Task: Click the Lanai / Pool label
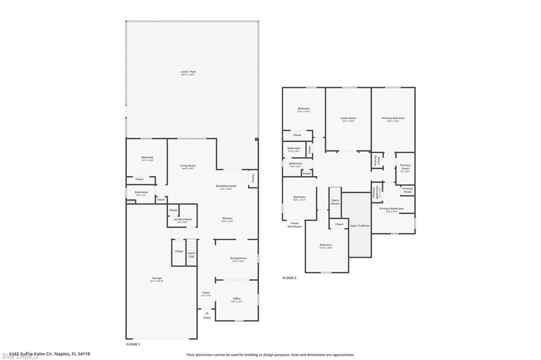pos(188,72)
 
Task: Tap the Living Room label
pos(188,166)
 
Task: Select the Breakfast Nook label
pos(226,186)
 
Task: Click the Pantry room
pos(253,178)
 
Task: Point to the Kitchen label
pos(227,219)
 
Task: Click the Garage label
pos(157,279)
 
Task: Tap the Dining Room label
pos(238,259)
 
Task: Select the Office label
pos(237,299)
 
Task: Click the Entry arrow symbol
pos(207,313)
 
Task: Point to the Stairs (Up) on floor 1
pos(192,254)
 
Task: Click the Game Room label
pos(348,119)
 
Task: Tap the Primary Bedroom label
pos(393,119)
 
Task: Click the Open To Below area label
pos(360,225)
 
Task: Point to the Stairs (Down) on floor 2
pos(335,202)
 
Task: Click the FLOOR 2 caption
pos(289,278)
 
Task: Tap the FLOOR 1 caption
pos(133,344)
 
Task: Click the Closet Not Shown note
pos(295,224)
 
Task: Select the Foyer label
pos(206,293)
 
